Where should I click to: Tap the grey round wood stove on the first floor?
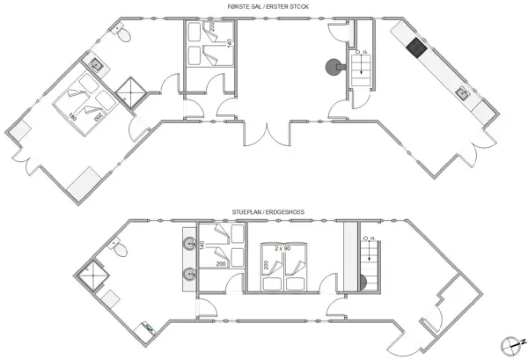pyautogui.click(x=334, y=67)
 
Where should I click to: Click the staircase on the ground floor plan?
pyautogui.click(x=369, y=264)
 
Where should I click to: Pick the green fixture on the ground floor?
pyautogui.click(x=150, y=332)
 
